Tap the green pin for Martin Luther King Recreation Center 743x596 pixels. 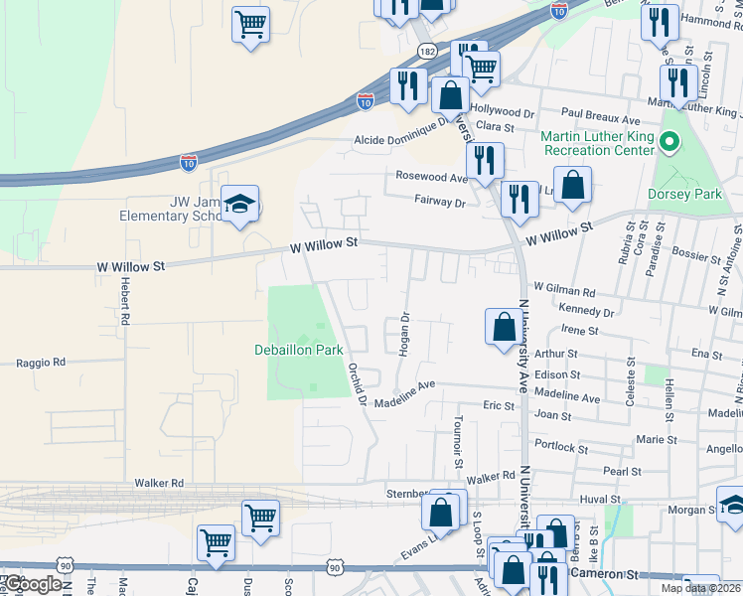tap(669, 143)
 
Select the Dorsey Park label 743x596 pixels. tap(684, 194)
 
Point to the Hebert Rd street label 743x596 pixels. tap(125, 301)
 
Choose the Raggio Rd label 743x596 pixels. tap(40, 363)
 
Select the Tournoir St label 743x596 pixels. tap(459, 441)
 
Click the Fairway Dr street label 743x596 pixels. tap(440, 202)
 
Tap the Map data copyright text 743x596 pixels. tap(701, 588)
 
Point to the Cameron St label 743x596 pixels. tap(605, 574)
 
